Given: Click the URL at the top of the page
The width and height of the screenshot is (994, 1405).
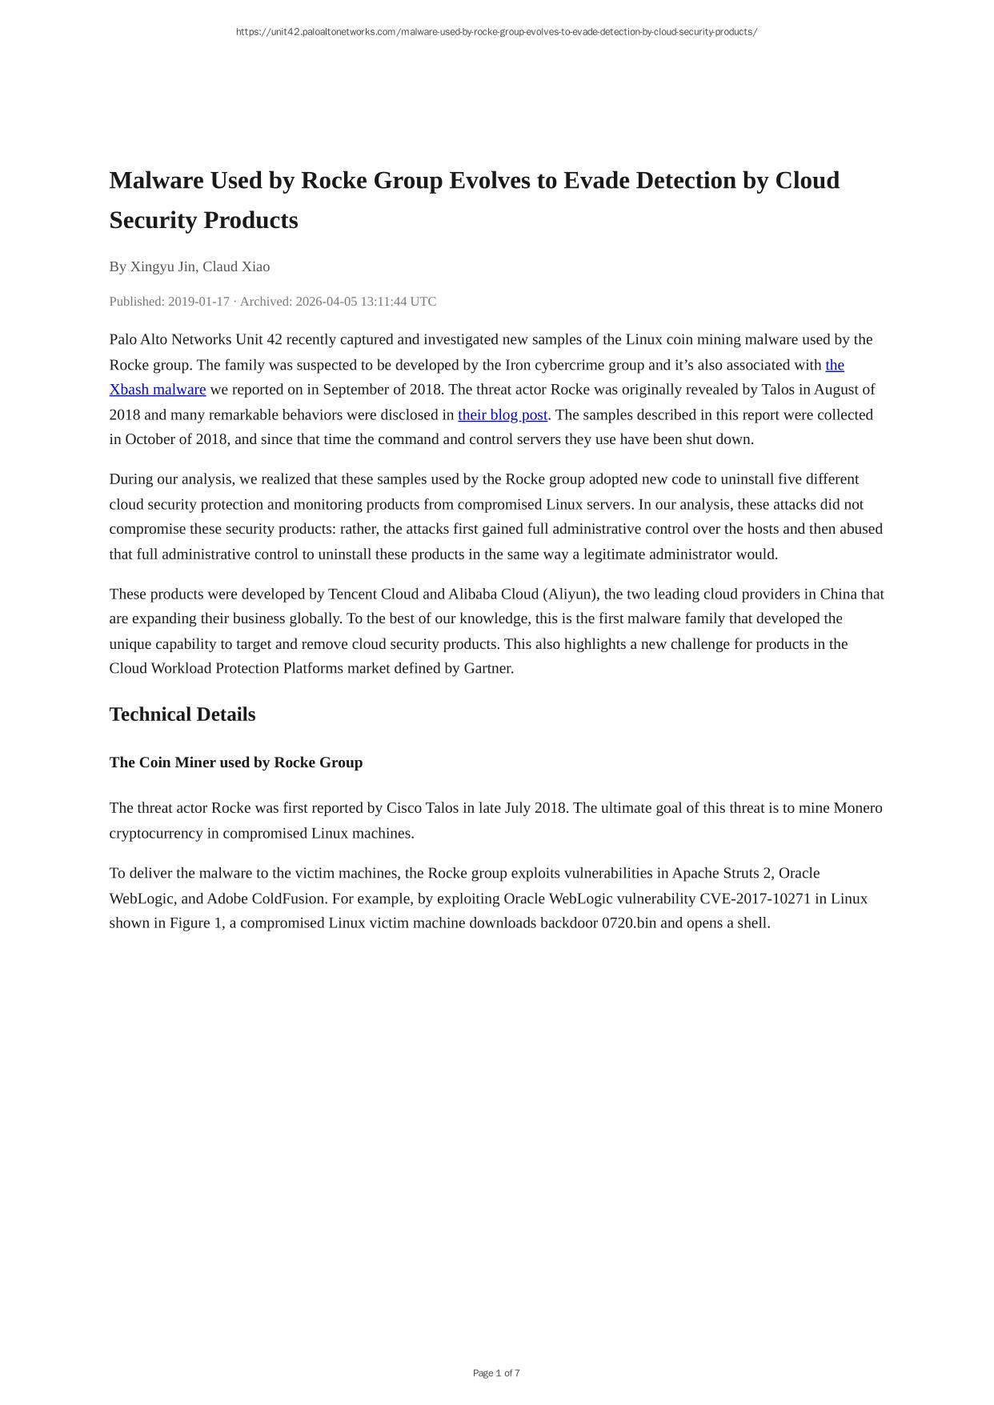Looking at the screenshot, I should point(496,32).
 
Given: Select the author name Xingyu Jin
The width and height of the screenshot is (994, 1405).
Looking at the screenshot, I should point(163,266).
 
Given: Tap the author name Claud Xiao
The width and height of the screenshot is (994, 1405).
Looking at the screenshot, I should point(236,266).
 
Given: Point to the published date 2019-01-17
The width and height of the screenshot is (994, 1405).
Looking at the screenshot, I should point(198,302).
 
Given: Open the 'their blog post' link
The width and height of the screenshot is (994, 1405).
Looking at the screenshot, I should point(503,414).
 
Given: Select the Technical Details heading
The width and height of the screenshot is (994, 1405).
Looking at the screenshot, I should point(182,715).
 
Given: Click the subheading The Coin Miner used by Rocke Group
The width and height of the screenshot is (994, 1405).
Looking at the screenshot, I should point(236,763).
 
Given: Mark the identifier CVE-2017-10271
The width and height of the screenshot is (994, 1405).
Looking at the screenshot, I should point(755,899).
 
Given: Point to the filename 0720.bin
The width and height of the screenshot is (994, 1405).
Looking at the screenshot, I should point(629,923).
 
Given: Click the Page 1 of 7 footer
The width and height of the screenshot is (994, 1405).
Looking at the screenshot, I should point(496,1373).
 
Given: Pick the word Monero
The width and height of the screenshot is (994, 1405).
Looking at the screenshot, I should point(858,808).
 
